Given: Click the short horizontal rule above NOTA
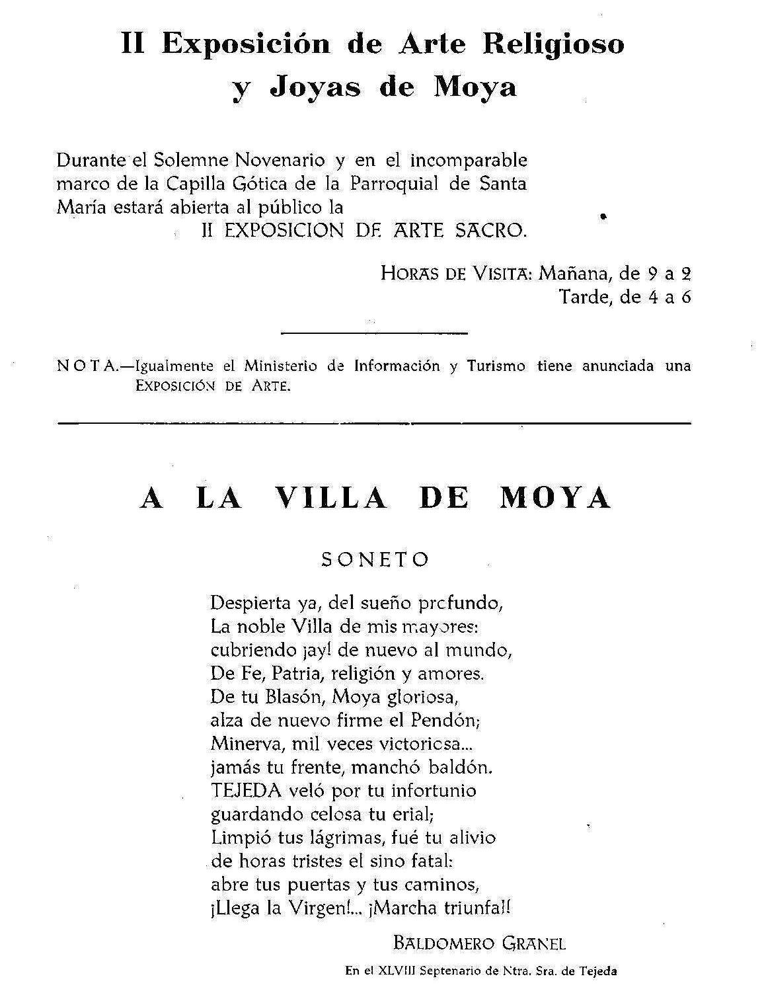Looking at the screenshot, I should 375,333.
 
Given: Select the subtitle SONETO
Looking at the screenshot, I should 375,559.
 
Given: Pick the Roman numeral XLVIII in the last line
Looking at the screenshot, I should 397,971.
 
